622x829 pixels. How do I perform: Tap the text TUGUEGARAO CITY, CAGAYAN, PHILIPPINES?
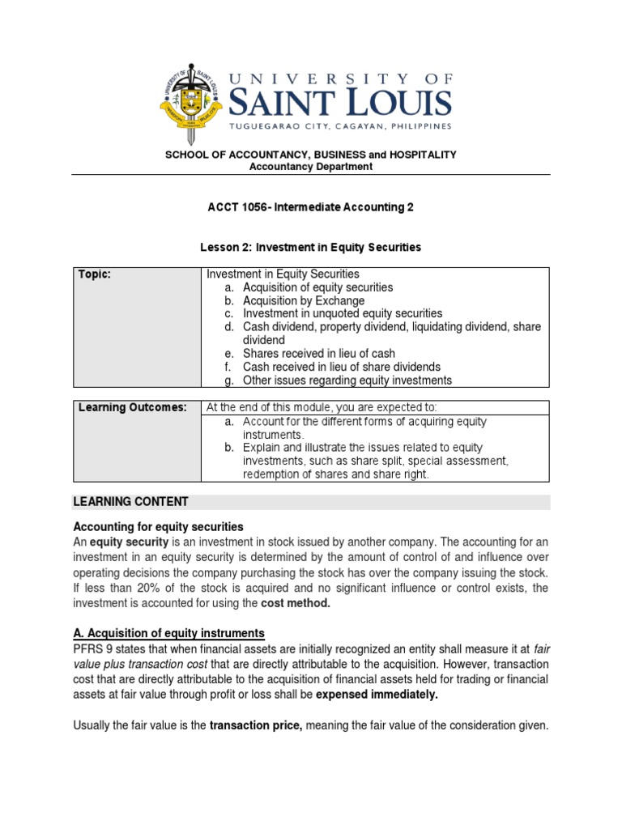click(x=339, y=125)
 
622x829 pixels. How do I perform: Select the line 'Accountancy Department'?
click(x=311, y=167)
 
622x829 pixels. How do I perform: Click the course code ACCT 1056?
click(x=237, y=207)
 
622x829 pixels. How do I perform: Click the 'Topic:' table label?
click(x=94, y=274)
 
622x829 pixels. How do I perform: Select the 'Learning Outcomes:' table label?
click(x=132, y=406)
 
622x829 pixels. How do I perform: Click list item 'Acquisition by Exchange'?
click(x=304, y=300)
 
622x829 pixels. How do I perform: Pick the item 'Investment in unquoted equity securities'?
click(x=343, y=313)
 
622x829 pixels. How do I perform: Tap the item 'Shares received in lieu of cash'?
click(x=319, y=354)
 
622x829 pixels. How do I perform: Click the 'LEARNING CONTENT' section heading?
click(x=130, y=502)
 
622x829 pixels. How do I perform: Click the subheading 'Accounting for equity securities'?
click(x=158, y=527)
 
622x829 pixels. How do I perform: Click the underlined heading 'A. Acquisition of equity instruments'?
click(x=168, y=633)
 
